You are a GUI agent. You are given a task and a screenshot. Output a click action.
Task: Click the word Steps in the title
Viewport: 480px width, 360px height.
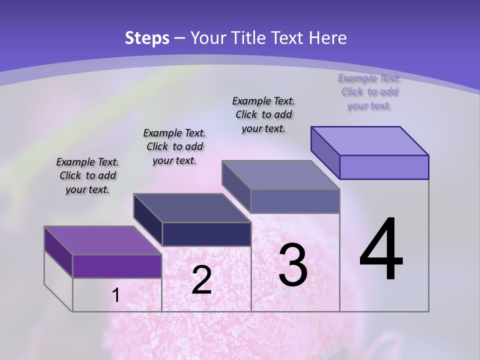[147, 38]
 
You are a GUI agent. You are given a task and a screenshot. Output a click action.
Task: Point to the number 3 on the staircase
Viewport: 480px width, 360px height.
[293, 265]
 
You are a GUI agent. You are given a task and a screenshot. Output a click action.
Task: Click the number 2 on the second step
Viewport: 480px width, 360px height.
[201, 280]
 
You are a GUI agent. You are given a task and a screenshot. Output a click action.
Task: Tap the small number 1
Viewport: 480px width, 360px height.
[116, 295]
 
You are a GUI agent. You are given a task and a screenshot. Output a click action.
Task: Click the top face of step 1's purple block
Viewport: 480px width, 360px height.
[102, 240]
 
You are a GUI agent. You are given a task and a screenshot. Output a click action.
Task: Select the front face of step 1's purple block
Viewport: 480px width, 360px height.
[117, 266]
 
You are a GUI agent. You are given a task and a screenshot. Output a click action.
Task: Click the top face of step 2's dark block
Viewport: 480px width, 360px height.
[192, 208]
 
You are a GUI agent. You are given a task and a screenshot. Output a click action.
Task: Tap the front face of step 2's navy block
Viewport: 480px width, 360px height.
[206, 234]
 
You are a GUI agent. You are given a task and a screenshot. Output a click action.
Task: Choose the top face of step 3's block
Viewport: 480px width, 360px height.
[281, 175]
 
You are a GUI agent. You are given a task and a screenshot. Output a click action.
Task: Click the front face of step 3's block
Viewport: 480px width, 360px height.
[295, 201]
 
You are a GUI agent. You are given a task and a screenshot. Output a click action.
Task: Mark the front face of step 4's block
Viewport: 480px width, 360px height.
[384, 167]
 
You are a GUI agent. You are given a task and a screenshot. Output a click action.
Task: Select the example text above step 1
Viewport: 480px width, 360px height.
[87, 176]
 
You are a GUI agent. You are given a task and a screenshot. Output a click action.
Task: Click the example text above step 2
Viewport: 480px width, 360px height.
[174, 147]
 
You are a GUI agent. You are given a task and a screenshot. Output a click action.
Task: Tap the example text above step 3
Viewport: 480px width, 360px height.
[263, 114]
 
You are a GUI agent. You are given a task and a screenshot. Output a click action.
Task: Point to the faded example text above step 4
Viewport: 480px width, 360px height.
[369, 92]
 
